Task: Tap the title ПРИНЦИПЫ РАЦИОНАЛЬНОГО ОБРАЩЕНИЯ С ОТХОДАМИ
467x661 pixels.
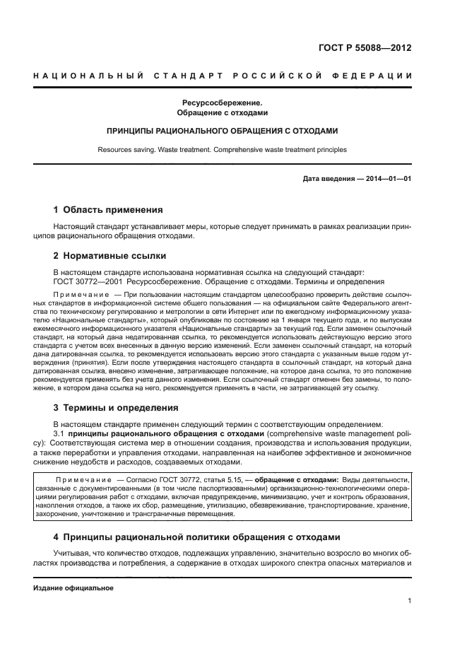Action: click(222, 131)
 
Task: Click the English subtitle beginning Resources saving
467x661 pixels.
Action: click(222, 149)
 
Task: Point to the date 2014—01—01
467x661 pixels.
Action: click(388, 179)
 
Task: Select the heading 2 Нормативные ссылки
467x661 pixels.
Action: click(110, 256)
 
